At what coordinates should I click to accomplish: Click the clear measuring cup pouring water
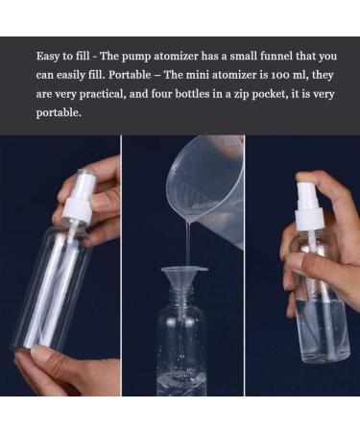[x=205, y=178]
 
